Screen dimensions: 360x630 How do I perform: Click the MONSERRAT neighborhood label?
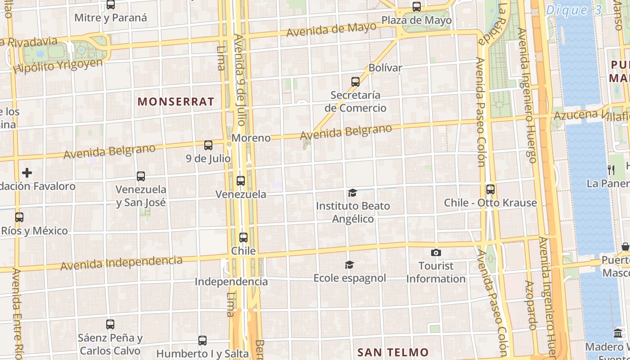176,102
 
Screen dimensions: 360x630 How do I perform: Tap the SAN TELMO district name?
393,352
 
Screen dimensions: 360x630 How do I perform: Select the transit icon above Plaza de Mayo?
417,7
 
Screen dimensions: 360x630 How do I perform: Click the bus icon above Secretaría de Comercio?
355,82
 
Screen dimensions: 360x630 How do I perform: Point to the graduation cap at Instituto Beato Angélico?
352,193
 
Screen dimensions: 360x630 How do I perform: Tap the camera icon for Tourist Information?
436,252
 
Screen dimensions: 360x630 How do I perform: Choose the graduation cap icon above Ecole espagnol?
349,265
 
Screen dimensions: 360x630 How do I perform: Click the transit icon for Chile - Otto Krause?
490,189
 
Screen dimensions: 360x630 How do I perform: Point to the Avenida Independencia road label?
121,263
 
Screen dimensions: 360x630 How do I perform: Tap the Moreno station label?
251,138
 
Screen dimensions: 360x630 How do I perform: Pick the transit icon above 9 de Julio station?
208,145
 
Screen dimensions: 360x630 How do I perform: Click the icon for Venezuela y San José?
141,176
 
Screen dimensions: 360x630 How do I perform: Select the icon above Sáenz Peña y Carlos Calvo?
110,324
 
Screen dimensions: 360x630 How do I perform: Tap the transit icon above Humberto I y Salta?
202,341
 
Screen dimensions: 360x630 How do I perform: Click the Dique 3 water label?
573,10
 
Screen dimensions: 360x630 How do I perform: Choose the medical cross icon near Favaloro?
27,173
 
